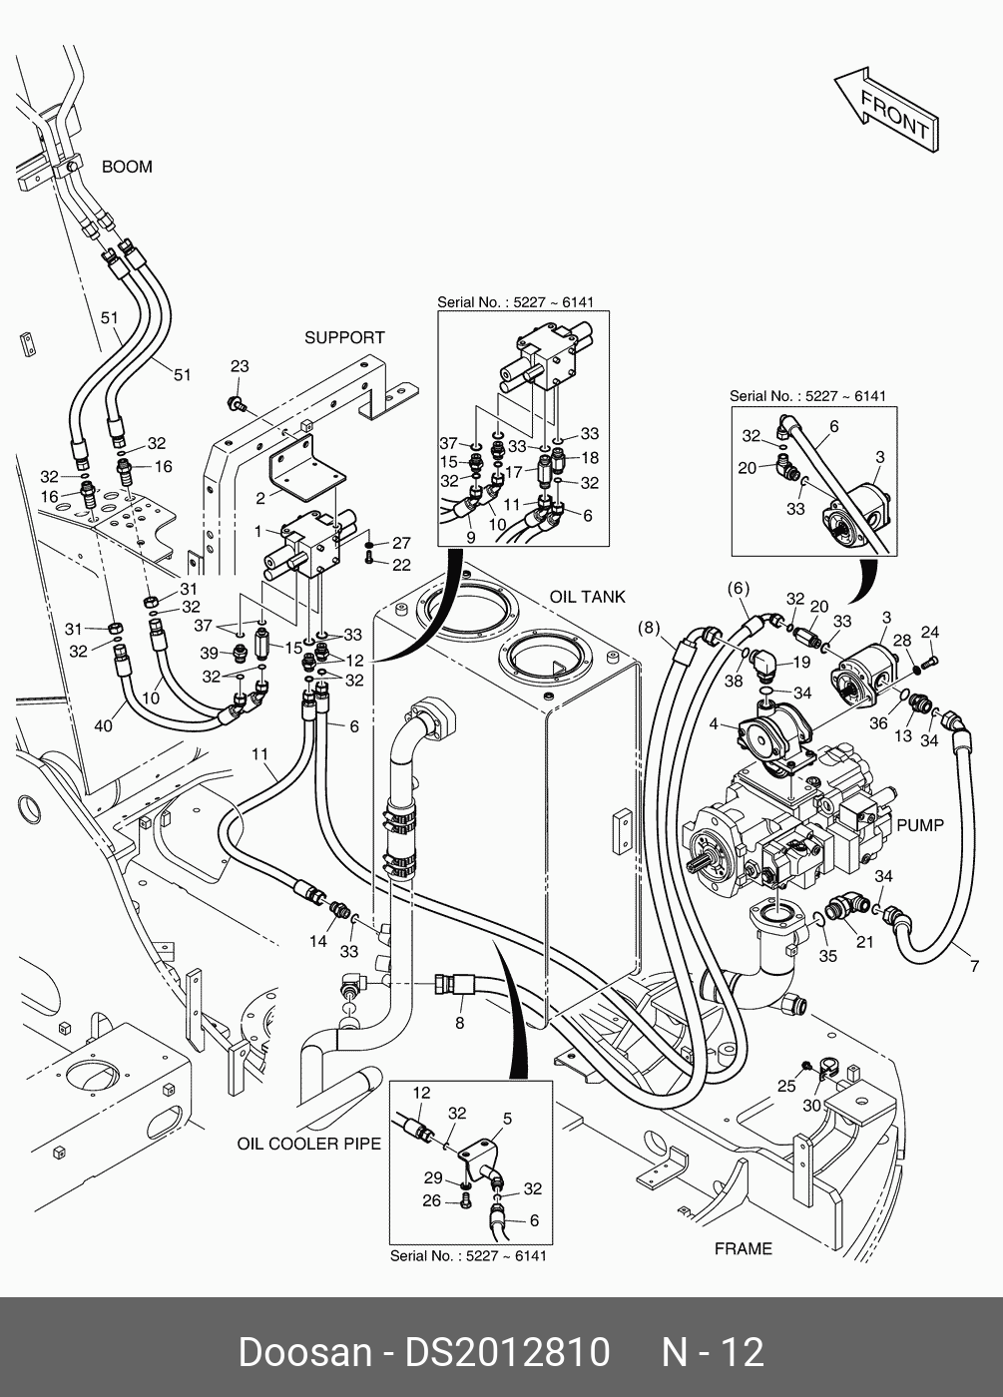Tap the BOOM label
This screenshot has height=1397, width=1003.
pos(127,167)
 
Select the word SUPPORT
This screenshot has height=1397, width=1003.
pos(344,338)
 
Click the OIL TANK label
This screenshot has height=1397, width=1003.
pos(587,597)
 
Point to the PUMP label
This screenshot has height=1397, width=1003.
pos(919,825)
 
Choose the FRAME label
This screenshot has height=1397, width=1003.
pos(744,1248)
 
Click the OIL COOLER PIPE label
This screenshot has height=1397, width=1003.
pos(309,1144)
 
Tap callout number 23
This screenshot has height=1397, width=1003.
pos(240,367)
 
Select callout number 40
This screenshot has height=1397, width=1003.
pos(104,726)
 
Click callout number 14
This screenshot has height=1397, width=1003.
pos(317,941)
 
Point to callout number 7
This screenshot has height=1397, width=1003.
pos(974,966)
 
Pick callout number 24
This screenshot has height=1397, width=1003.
pos(929,632)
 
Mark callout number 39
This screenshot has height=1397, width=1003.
pos(209,653)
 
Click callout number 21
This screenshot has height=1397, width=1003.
pos(864,943)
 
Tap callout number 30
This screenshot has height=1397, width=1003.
pos(811,1106)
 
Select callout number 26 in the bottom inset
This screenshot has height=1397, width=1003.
pos(431,1200)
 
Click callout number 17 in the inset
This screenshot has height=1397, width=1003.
pos(514,472)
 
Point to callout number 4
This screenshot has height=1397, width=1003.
pos(713,723)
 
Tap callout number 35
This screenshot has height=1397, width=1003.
pos(827,956)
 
